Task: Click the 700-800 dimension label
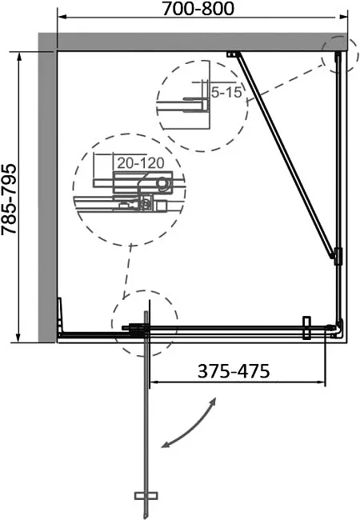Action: click(198, 9)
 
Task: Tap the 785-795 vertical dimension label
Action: click(9, 199)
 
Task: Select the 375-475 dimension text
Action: click(234, 371)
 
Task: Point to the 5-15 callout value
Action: click(226, 92)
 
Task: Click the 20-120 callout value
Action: click(141, 163)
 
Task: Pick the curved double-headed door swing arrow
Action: click(189, 423)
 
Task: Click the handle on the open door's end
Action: click(146, 496)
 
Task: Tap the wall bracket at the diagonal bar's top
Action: click(233, 54)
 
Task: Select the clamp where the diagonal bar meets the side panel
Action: click(337, 256)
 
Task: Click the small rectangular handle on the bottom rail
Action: click(306, 328)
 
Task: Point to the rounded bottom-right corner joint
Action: click(338, 329)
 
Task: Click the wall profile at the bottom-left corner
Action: click(60, 315)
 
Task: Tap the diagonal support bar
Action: click(286, 155)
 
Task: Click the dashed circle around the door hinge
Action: click(145, 291)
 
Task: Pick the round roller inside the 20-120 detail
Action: click(162, 183)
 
